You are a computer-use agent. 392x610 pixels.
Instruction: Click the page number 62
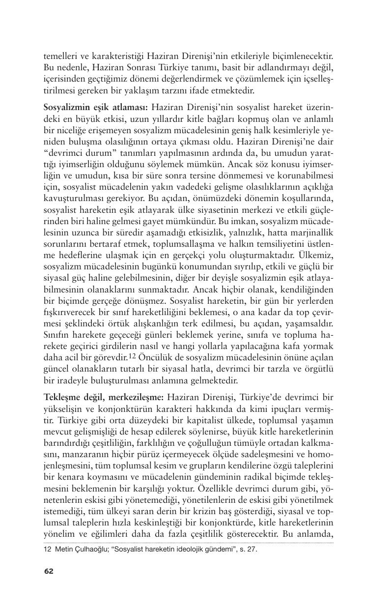[49, 571]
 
